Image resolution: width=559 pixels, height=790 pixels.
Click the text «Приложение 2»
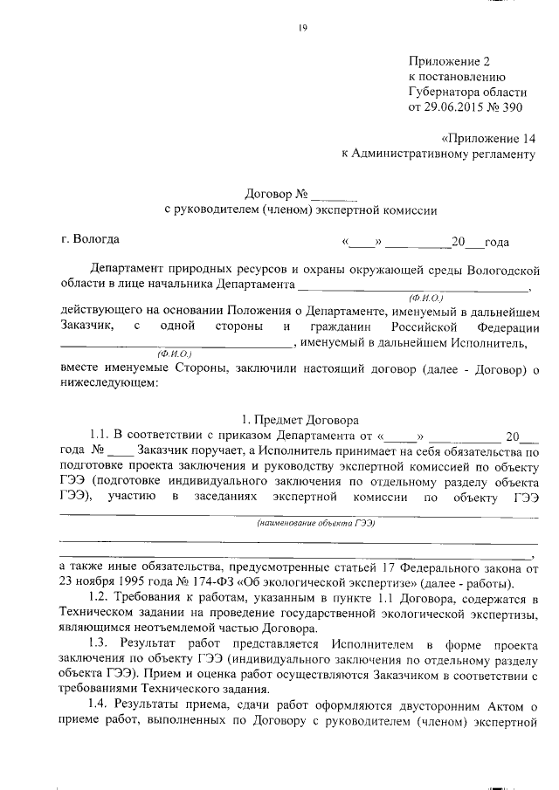[x=450, y=61]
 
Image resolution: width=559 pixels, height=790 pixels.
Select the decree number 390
[x=513, y=107]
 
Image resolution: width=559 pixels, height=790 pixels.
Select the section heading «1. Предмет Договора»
[x=301, y=418]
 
